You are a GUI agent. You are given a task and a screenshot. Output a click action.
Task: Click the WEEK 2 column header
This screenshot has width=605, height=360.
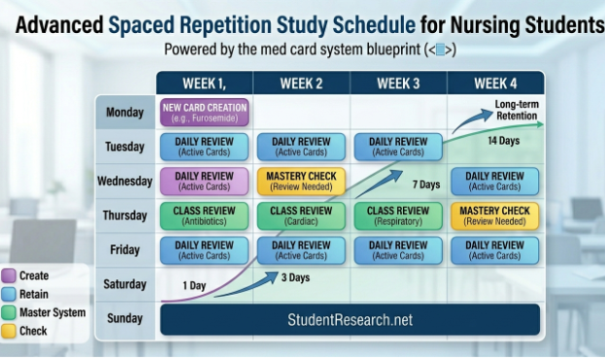301,83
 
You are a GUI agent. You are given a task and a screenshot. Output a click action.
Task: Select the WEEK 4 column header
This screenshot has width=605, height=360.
495,83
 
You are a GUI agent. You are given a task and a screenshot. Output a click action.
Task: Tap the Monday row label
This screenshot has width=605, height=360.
125,113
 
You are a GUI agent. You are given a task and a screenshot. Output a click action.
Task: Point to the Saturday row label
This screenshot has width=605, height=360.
125,284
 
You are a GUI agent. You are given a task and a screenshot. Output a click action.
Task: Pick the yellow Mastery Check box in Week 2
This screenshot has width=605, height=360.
301,181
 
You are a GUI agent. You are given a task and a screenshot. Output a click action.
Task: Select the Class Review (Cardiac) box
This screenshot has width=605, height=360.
301,215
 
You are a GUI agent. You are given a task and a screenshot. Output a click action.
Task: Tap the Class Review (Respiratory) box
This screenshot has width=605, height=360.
398,215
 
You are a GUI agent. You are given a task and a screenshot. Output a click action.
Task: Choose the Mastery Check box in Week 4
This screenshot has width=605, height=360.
495,215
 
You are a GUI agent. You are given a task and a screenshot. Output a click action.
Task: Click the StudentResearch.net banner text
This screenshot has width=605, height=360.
350,319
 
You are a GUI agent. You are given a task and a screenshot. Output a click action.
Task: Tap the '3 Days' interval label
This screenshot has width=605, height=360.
295,278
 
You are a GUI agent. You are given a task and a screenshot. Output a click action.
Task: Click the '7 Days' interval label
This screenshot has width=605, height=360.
426,183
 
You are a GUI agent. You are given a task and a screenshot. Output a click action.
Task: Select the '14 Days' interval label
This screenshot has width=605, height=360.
502,141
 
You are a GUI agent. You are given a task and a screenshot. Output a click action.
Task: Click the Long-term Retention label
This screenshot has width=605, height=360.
517,110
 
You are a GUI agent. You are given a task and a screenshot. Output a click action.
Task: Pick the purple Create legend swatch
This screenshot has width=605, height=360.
9,277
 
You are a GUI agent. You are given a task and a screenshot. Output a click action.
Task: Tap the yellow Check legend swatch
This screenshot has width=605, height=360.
9,331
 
